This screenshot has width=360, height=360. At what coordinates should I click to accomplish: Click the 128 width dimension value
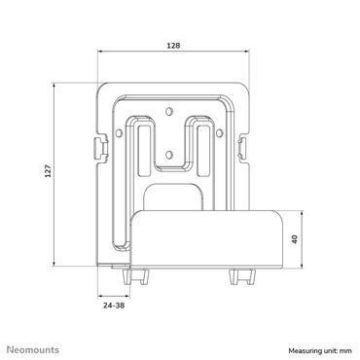(x=173, y=46)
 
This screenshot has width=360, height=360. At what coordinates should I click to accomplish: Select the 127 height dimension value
(x=48, y=171)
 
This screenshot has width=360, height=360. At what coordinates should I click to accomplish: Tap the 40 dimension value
(x=295, y=239)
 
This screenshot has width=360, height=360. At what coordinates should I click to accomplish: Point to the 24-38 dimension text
(x=114, y=306)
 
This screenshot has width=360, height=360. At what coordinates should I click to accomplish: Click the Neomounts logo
(x=33, y=349)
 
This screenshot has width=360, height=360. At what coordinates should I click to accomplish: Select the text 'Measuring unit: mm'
(x=320, y=350)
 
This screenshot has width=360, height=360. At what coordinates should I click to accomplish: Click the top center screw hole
(x=168, y=111)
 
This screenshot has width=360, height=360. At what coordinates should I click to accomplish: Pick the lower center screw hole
(x=168, y=155)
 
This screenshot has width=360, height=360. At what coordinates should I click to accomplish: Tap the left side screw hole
(x=119, y=133)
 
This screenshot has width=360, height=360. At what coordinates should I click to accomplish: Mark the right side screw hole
(x=220, y=133)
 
